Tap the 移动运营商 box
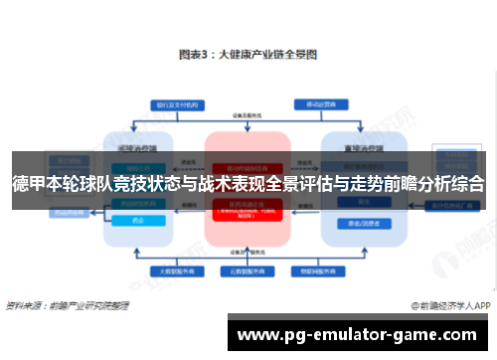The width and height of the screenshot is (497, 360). (317, 103)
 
